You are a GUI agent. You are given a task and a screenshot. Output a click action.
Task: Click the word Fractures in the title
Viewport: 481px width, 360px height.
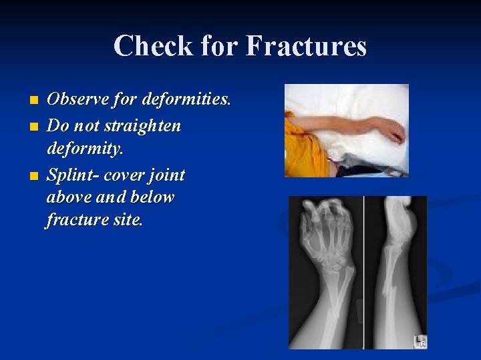pyautogui.click(x=307, y=47)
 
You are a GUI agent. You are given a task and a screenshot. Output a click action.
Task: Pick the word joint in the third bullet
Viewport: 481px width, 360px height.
pyautogui.click(x=166, y=175)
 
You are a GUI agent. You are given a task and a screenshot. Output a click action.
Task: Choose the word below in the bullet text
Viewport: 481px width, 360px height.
pyautogui.click(x=150, y=197)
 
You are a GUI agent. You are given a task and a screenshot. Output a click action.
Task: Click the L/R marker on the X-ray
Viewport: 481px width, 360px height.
pyautogui.click(x=420, y=341)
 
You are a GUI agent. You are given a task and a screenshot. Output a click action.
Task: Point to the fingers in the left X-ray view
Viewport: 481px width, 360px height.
pyautogui.click(x=327, y=217)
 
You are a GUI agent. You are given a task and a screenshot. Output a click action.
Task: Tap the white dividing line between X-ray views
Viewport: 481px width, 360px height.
pyautogui.click(x=364, y=273)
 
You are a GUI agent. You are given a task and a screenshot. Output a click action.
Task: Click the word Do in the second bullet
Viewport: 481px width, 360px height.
pyautogui.click(x=56, y=125)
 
